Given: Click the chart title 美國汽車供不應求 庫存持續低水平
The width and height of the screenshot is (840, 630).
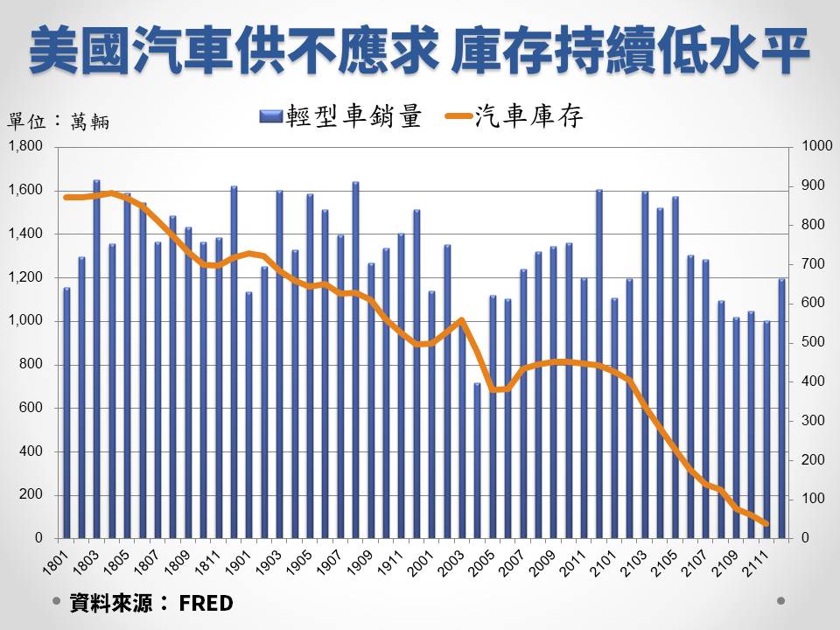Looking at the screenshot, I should [419, 51].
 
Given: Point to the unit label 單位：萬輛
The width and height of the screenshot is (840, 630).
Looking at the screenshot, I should [59, 122].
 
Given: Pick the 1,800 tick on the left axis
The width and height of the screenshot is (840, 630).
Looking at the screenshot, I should [25, 147].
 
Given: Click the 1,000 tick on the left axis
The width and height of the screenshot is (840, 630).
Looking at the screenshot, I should [25, 321].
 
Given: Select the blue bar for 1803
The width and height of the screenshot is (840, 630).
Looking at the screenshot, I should [96, 359].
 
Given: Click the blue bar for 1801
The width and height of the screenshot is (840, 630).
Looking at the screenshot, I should [66, 411].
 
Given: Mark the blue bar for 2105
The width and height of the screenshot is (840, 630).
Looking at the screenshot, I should [675, 367].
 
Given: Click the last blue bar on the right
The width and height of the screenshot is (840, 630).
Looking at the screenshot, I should [782, 408].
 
